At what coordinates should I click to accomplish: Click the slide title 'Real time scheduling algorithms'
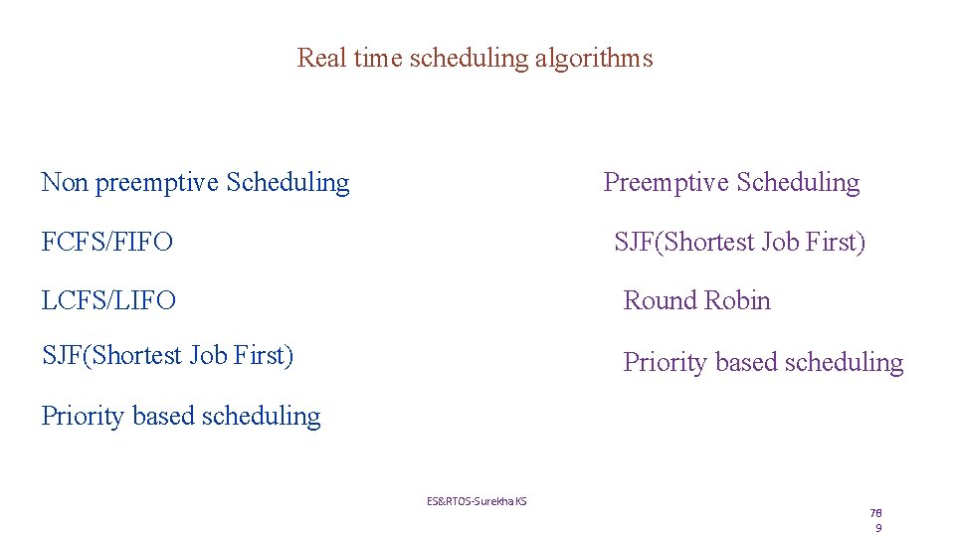(475, 58)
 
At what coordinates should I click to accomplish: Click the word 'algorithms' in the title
(594, 58)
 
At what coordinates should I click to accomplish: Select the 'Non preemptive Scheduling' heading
(195, 183)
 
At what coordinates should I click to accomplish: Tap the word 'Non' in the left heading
(65, 183)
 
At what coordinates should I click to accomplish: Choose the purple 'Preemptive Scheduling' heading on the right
(731, 183)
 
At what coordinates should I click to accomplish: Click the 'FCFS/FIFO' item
(106, 242)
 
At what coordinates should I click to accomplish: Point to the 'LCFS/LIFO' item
(108, 300)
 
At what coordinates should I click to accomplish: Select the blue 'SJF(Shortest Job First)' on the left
(167, 355)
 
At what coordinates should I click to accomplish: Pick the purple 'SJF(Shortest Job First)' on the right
(739, 242)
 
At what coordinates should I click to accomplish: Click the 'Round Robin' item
(696, 300)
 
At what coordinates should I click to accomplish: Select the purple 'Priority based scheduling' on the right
(763, 363)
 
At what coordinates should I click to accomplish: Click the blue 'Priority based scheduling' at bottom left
(180, 416)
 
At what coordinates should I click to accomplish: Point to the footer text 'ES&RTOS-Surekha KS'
(477, 501)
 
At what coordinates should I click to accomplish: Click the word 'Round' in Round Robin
(659, 300)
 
